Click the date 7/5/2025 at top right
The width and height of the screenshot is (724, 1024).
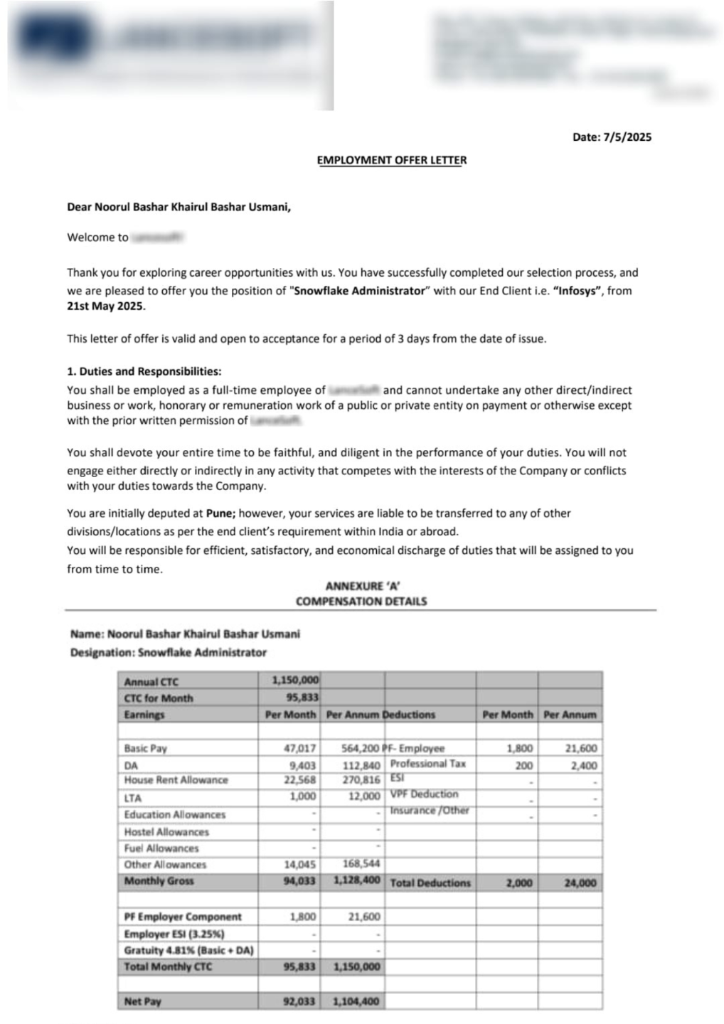coord(627,137)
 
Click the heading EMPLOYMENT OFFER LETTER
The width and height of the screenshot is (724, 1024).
coord(391,160)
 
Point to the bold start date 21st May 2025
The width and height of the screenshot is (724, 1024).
coord(105,307)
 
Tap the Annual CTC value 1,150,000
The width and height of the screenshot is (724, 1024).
coord(295,681)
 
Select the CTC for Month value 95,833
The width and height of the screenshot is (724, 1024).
coord(302,698)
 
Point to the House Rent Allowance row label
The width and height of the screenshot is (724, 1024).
coord(176,780)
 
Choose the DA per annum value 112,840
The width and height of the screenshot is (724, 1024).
coord(361,765)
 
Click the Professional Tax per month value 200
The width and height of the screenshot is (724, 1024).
coord(523,765)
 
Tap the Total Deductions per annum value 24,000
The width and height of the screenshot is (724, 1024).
coord(580,882)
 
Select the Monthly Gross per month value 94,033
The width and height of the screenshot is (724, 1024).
coord(299,881)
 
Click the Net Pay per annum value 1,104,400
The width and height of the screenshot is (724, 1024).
coord(356,1001)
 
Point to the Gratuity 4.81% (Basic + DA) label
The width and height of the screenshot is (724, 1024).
coord(188,950)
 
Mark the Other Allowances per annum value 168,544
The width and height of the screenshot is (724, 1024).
coord(361,864)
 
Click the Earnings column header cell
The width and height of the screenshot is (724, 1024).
coord(144,715)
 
